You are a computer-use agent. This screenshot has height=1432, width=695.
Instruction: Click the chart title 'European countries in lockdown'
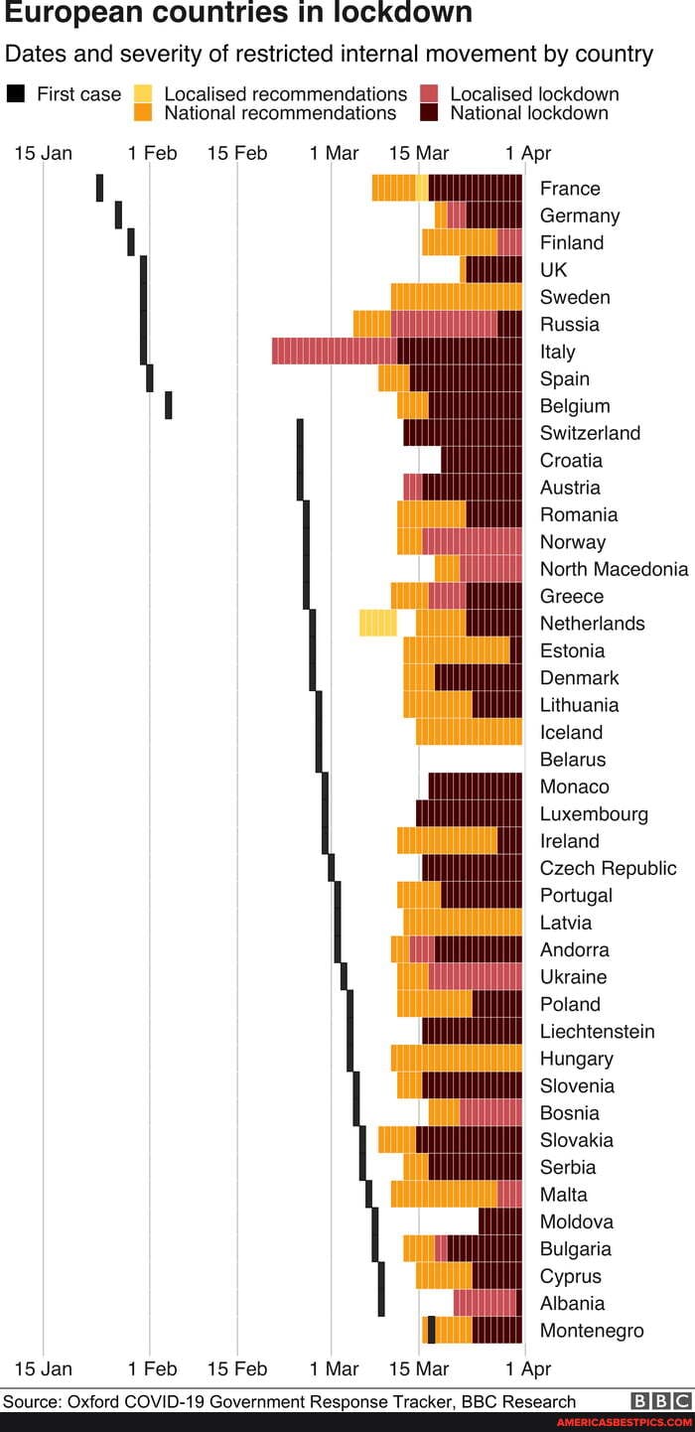click(x=238, y=13)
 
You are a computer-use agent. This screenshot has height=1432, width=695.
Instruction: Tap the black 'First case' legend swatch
click(x=16, y=94)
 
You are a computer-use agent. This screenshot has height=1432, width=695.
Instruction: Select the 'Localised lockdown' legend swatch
click(x=429, y=94)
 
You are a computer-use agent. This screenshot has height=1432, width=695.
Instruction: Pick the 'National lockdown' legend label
click(x=529, y=113)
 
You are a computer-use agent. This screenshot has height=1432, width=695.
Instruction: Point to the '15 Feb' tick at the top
click(x=237, y=153)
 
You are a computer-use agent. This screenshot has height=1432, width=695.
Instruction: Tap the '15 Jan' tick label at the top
click(x=43, y=153)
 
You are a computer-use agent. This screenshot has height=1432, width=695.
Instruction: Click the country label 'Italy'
click(x=557, y=352)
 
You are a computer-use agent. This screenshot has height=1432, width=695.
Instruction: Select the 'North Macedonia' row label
click(x=614, y=569)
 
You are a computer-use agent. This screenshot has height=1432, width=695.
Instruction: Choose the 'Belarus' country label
click(x=572, y=760)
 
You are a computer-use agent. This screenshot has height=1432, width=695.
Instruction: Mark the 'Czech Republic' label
click(x=608, y=868)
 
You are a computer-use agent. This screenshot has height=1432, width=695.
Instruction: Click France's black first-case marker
click(x=99, y=188)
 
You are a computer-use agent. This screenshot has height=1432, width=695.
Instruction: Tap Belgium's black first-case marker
click(x=168, y=405)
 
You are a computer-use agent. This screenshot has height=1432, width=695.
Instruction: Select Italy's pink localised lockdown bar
click(x=334, y=351)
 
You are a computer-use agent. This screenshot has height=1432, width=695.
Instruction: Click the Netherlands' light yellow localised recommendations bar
click(x=377, y=623)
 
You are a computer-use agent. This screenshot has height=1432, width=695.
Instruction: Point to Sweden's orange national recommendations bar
click(x=456, y=297)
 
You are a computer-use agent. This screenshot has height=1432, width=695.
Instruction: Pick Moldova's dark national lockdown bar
click(x=499, y=1221)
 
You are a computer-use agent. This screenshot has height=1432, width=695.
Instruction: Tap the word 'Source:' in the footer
click(x=33, y=1401)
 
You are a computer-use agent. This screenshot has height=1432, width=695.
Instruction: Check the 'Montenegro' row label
click(x=592, y=1331)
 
